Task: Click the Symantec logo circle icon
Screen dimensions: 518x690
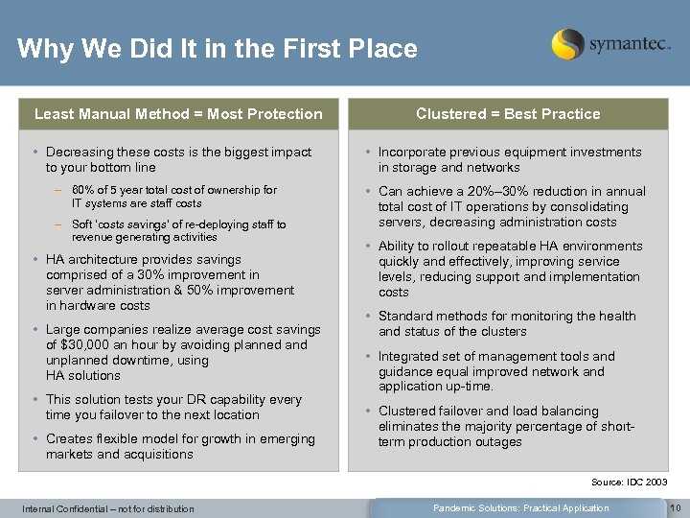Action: pyautogui.click(x=567, y=44)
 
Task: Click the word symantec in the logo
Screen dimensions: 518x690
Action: pyautogui.click(x=629, y=44)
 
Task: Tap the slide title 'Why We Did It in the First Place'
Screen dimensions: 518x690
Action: pyautogui.click(x=218, y=48)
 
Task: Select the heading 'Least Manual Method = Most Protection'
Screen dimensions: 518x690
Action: pyautogui.click(x=178, y=114)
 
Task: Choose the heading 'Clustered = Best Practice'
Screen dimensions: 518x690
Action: pyautogui.click(x=508, y=114)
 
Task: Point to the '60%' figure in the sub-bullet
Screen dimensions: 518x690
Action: pyautogui.click(x=83, y=190)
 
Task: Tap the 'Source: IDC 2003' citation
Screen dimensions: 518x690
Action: pyautogui.click(x=630, y=482)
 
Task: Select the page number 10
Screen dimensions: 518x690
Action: pyautogui.click(x=674, y=507)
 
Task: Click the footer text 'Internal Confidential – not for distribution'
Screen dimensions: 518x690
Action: pyautogui.click(x=108, y=508)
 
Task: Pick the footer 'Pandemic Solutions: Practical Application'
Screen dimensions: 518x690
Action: pyautogui.click(x=520, y=507)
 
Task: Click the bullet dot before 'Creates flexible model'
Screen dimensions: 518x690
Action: pyautogui.click(x=35, y=439)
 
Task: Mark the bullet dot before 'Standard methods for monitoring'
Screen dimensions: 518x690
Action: pyautogui.click(x=368, y=317)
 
